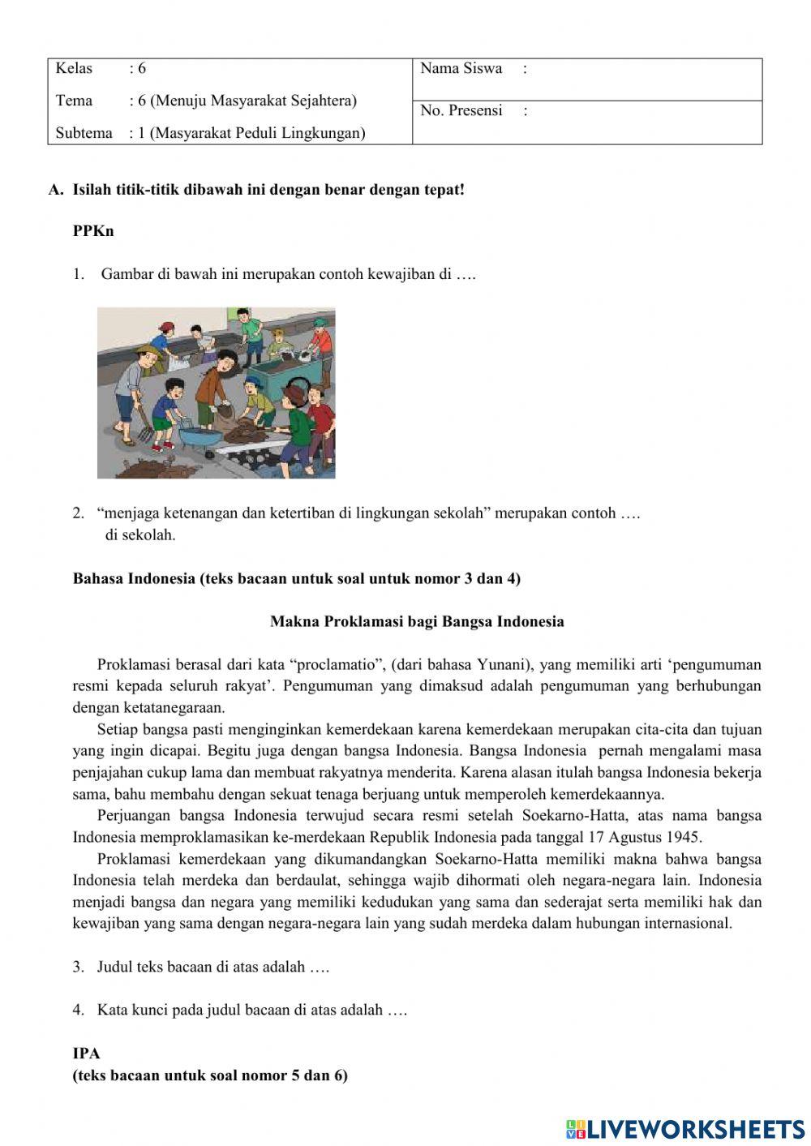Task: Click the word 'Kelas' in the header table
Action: (x=74, y=69)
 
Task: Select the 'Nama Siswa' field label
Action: (x=461, y=69)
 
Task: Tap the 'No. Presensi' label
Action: (x=461, y=111)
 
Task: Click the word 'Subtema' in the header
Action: (x=84, y=133)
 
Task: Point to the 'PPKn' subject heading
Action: (x=93, y=231)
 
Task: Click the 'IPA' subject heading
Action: (x=87, y=1054)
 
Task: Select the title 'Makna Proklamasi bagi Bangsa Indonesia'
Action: (x=417, y=622)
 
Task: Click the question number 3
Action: (x=79, y=967)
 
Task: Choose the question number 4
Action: (x=79, y=1010)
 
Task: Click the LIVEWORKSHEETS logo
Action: (x=685, y=1128)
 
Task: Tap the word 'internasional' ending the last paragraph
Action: (x=688, y=923)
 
